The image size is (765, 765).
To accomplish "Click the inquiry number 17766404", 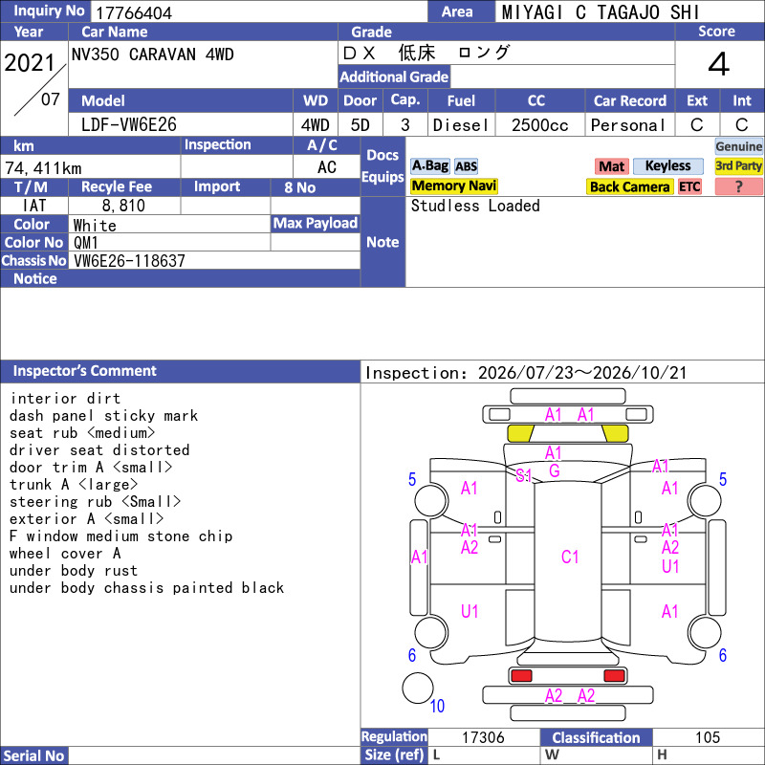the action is click(x=134, y=12).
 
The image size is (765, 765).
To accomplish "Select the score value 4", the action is click(x=719, y=64).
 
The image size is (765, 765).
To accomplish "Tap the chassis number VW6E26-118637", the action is click(x=129, y=261).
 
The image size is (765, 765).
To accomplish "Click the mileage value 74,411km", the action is click(x=43, y=168).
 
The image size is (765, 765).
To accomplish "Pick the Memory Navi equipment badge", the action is click(x=453, y=186).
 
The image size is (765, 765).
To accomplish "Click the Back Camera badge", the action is click(x=629, y=186).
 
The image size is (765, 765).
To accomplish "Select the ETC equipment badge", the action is click(x=689, y=186).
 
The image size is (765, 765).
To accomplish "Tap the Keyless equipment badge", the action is click(x=667, y=165).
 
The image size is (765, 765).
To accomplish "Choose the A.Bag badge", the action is click(x=429, y=165).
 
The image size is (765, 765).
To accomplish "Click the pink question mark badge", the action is click(x=738, y=186).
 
